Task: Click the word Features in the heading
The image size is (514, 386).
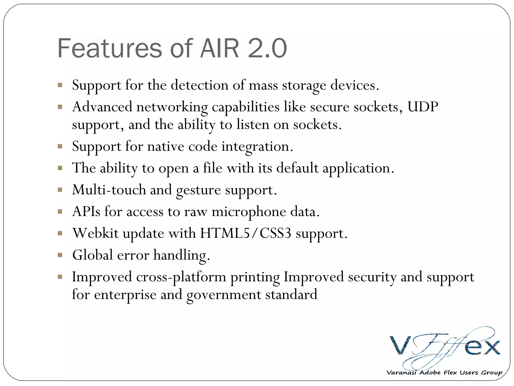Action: (110, 48)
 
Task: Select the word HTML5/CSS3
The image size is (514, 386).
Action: (245, 233)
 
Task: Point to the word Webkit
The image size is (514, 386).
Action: (95, 233)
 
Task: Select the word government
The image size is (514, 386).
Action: (224, 294)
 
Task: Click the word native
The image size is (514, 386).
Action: (166, 146)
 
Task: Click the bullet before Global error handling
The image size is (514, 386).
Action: (60, 256)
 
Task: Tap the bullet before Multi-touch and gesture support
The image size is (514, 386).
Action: (60, 190)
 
